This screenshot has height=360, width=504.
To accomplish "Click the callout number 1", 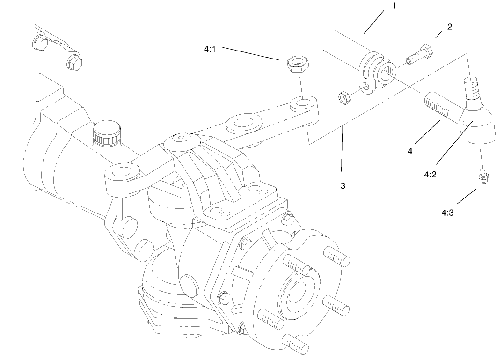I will (394, 7).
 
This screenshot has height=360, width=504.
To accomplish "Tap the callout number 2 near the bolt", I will (449, 27).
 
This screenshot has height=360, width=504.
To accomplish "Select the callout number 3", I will (343, 185).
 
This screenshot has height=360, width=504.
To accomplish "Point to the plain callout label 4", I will (410, 151).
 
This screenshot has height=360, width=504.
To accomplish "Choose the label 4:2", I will (431, 174).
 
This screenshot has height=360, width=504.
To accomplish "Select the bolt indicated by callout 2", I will (419, 54).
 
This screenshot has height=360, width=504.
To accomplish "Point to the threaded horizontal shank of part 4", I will (440, 106).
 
